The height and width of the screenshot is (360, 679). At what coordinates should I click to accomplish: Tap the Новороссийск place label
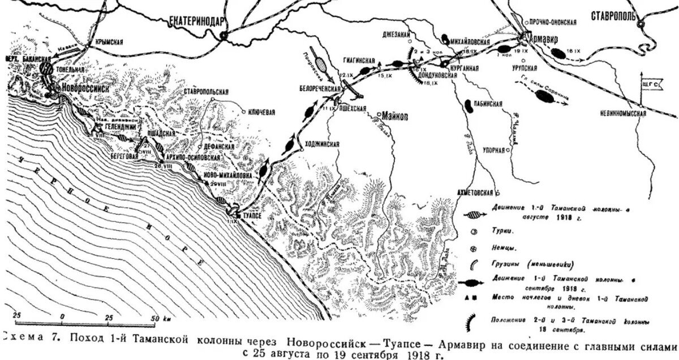click(x=88, y=89)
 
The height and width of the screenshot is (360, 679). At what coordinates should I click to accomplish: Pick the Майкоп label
click(x=399, y=113)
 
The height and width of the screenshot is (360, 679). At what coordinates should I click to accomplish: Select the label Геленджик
click(x=119, y=128)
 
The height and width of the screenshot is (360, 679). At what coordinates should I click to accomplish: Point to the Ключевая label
click(x=261, y=112)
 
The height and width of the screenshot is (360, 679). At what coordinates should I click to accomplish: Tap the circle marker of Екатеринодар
click(x=224, y=35)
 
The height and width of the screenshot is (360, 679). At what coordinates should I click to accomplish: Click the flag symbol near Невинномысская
click(x=650, y=84)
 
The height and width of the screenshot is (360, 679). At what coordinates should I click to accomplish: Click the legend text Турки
click(x=502, y=232)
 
